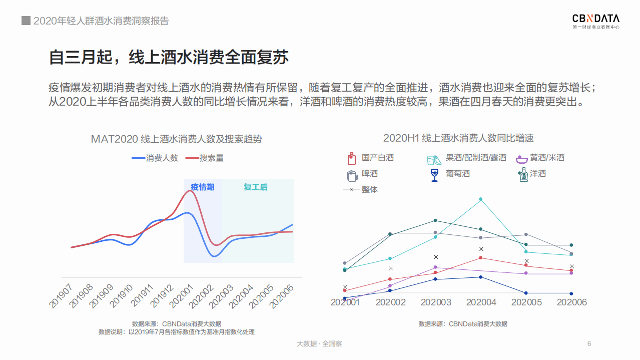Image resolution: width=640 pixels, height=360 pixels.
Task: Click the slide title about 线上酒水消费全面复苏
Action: pos(169,57)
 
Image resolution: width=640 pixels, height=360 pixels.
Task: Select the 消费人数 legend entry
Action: pos(155,158)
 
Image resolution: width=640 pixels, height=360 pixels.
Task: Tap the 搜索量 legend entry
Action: pos(205,158)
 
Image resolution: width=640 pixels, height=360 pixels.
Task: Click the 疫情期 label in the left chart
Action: pos(203,187)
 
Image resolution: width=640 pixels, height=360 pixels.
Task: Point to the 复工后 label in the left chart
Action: pos(256,187)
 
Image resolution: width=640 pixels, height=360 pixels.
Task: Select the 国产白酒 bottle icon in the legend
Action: pos(351,158)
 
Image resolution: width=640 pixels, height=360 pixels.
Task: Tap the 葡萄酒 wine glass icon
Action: pos(434,175)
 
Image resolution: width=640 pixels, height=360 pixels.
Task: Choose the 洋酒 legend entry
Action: pos(531,174)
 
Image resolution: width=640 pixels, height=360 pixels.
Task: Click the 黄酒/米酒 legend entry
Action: pos(540,158)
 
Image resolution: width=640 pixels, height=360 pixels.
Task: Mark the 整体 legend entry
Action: pos(361,190)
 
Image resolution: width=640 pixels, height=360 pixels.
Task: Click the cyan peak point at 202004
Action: pos(481,199)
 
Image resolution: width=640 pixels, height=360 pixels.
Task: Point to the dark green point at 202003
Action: pos(435,220)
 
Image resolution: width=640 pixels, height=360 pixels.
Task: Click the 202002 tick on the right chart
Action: pos(390,302)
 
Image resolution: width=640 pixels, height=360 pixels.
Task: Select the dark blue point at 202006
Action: pos(571,293)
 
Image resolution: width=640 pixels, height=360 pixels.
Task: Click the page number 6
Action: pos(589,343)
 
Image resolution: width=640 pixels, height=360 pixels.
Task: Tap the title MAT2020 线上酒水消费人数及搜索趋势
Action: pos(176,139)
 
